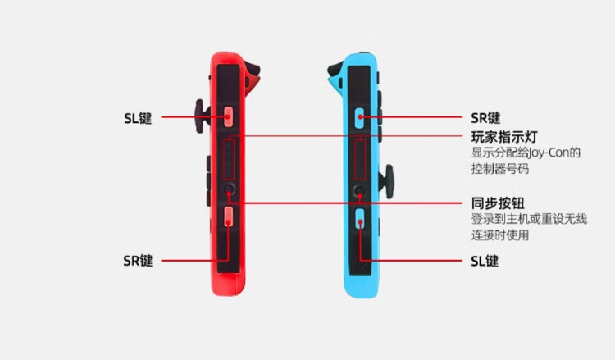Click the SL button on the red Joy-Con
click(229, 116)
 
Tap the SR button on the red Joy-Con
click(229, 216)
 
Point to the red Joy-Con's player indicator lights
click(230, 158)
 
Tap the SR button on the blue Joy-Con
click(359, 116)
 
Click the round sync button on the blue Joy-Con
click(359, 193)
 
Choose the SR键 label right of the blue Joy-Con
click(486, 117)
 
